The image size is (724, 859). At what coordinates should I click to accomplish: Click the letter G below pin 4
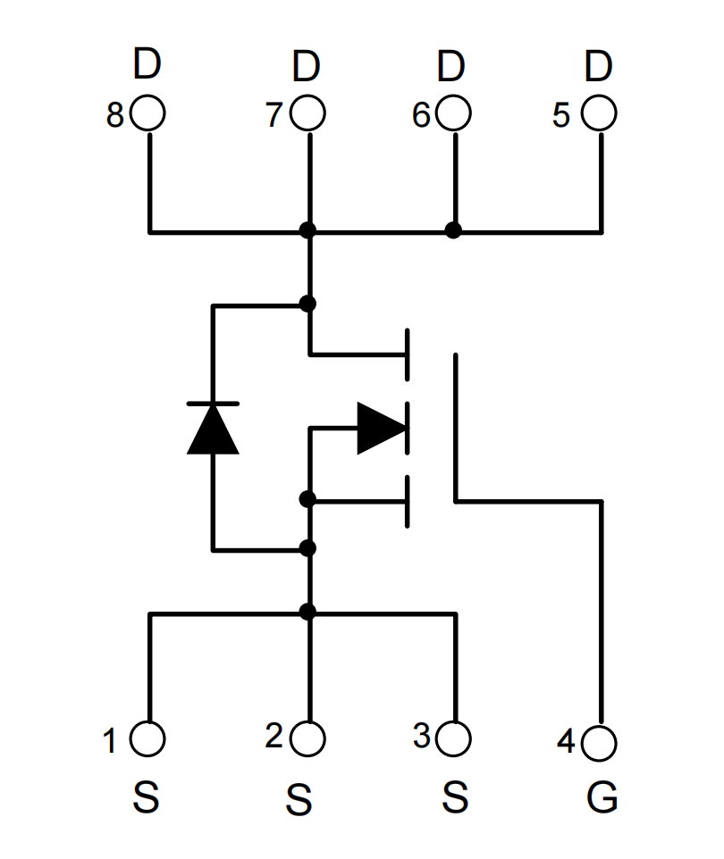coord(602,797)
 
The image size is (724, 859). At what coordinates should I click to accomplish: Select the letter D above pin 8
coord(147,63)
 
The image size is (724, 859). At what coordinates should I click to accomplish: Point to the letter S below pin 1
coord(146,797)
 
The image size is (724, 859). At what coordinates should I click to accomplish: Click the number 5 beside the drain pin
coord(561,115)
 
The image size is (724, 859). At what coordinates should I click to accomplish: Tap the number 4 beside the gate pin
coord(566,740)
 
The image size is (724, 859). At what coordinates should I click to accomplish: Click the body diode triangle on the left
coord(213,429)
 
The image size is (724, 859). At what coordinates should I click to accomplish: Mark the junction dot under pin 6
coord(453,230)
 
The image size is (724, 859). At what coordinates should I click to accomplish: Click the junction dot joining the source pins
coord(307,612)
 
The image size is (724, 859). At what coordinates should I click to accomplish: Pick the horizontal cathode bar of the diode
coord(213,404)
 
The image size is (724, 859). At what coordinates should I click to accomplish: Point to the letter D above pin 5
coord(598,66)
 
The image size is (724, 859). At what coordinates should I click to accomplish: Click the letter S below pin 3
coord(455,797)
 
